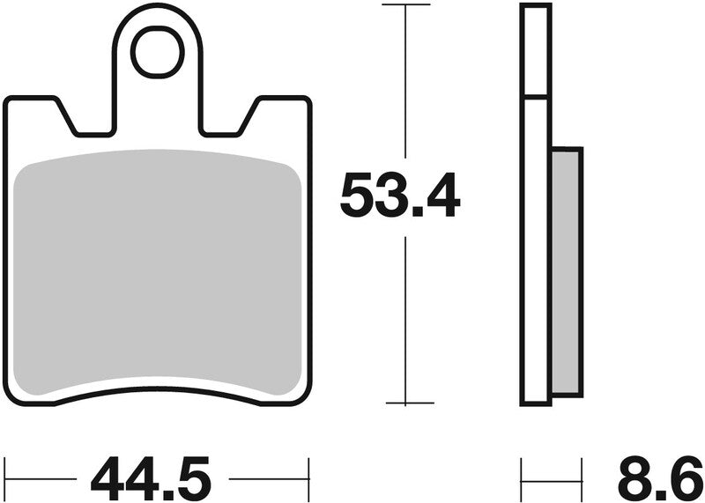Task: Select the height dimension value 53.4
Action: pos(400,196)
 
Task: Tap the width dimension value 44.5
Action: pos(151,478)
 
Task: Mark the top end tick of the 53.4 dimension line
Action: pos(404,5)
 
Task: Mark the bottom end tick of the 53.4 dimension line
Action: pos(404,404)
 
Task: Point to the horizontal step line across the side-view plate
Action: pos(536,96)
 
